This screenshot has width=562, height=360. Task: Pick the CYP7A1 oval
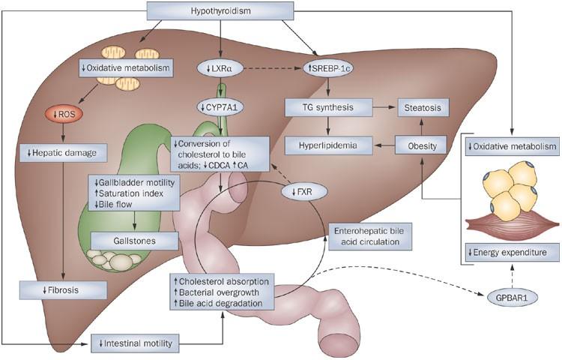(218, 106)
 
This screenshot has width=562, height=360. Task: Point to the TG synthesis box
(329, 108)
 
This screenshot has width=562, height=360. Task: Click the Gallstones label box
(134, 239)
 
